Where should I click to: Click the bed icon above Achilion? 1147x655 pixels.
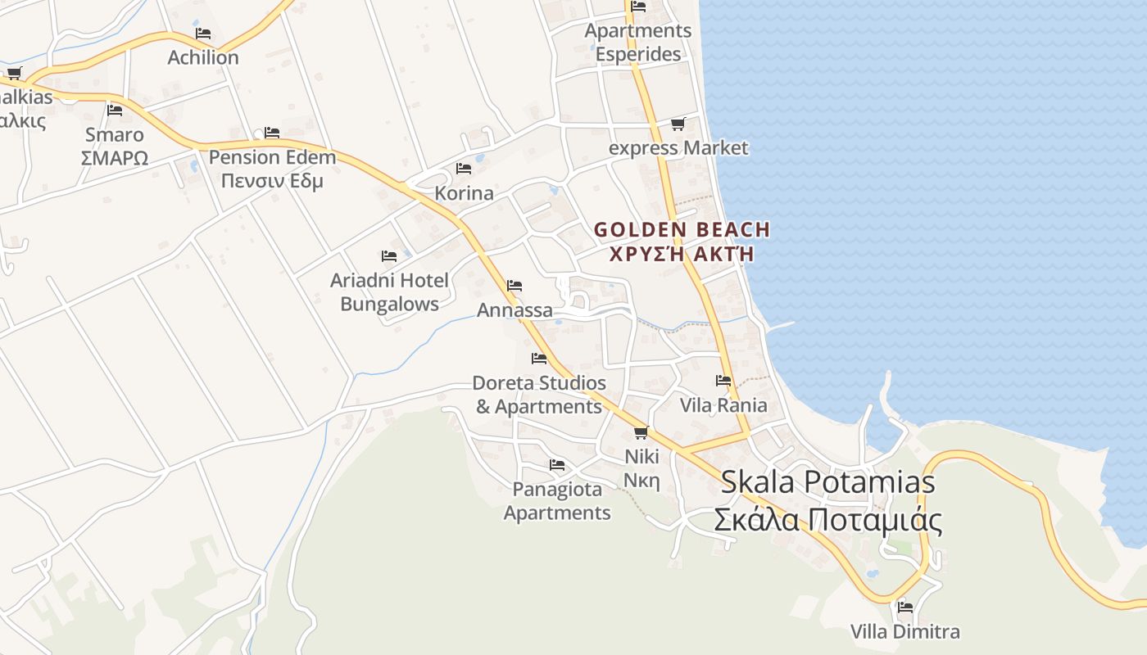click(x=203, y=34)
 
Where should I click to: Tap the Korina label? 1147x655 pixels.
click(x=464, y=193)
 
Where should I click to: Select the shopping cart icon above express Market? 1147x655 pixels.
click(x=678, y=124)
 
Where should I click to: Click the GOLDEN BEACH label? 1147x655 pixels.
click(x=682, y=230)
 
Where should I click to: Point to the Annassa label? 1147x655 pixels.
click(x=515, y=310)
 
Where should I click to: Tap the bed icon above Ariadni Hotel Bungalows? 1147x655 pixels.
click(x=389, y=256)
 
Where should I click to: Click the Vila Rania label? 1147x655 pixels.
click(x=723, y=405)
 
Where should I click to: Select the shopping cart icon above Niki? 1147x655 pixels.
click(x=641, y=432)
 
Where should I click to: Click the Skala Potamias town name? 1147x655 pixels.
click(x=827, y=481)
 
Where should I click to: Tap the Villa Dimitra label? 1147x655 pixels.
click(x=904, y=632)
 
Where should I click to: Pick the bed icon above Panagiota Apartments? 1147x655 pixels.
click(x=557, y=465)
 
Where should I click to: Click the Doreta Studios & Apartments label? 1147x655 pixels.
click(x=539, y=395)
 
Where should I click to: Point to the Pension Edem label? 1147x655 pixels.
click(x=272, y=157)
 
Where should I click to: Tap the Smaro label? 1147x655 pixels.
click(x=115, y=135)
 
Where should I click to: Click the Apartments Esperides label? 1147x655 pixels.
click(x=638, y=43)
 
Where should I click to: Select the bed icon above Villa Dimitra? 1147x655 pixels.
click(x=905, y=608)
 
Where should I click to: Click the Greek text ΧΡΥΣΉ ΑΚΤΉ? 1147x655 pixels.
click(x=682, y=254)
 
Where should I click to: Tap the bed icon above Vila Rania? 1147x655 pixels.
click(x=723, y=381)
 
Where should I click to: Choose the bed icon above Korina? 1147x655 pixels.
click(x=464, y=169)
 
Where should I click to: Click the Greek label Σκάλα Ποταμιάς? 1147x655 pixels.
click(x=827, y=520)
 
